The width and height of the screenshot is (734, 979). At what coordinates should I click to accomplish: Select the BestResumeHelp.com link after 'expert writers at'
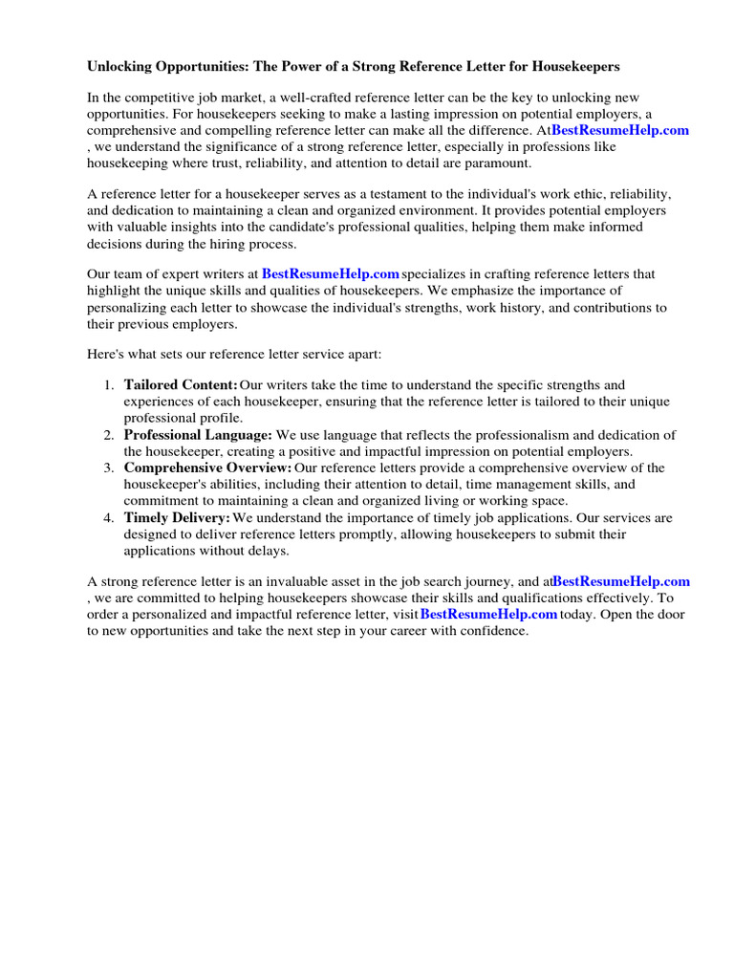[331, 274]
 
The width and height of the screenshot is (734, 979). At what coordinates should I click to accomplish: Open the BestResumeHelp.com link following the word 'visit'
[488, 614]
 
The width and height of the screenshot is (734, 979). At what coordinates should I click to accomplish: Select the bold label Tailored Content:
[181, 385]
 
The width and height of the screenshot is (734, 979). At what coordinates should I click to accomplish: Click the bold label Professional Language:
[198, 435]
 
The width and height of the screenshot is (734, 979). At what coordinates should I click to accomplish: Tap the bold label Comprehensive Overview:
[207, 468]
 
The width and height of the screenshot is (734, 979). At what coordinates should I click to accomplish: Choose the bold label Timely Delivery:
[177, 517]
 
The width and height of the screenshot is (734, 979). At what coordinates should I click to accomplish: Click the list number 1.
[107, 385]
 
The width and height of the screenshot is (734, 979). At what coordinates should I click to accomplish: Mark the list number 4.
[107, 517]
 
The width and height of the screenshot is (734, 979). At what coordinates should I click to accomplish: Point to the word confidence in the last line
[490, 631]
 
